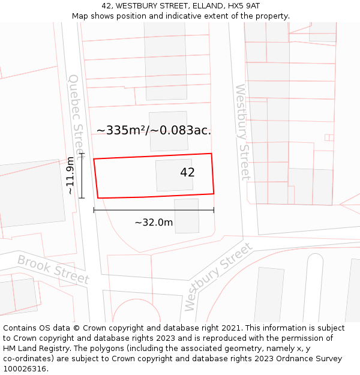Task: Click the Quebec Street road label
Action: coord(77,114)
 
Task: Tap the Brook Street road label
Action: coord(53,270)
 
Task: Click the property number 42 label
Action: coord(187,172)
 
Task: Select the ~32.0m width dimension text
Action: coord(154,223)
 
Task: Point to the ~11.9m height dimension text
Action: coord(70,175)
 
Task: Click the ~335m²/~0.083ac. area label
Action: coord(154,130)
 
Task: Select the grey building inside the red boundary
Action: coord(174,175)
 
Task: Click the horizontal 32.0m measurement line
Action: coord(154,210)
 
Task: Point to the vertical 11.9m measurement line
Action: coord(82,175)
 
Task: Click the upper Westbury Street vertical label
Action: coord(242,132)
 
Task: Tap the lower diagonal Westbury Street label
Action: coord(218,277)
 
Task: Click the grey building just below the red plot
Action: coord(187,216)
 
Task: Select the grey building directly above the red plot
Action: coord(169,131)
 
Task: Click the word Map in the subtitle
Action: coord(80,16)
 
